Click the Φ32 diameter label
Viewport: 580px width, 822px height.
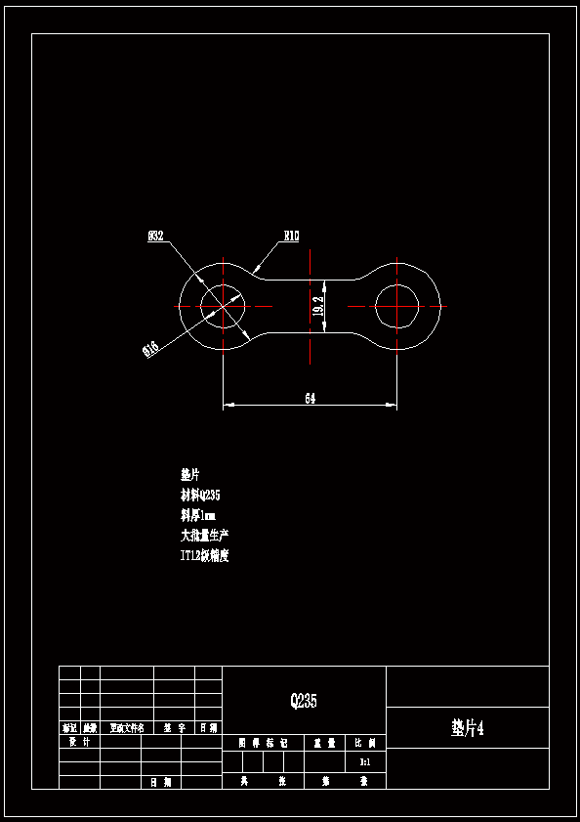click(x=155, y=236)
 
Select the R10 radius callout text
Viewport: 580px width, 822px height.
click(x=291, y=236)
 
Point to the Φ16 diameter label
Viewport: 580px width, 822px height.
click(x=151, y=348)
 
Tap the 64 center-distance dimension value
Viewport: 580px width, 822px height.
click(x=311, y=398)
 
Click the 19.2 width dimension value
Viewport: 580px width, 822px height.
click(x=318, y=306)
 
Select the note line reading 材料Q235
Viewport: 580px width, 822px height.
click(x=200, y=495)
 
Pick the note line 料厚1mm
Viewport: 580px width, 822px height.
click(x=198, y=515)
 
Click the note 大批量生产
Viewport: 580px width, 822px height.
click(x=205, y=536)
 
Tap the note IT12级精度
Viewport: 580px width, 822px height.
click(x=204, y=556)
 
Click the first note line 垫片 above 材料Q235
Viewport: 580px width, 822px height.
click(x=189, y=474)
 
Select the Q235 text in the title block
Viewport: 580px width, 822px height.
click(x=304, y=701)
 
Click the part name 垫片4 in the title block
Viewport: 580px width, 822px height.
click(x=468, y=728)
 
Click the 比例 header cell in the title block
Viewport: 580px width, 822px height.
click(x=365, y=743)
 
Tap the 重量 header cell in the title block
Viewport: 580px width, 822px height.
click(x=324, y=743)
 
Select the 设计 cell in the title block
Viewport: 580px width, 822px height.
click(x=79, y=742)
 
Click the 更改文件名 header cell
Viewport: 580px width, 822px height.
click(x=127, y=728)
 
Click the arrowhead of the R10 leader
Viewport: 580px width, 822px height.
click(x=256, y=269)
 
